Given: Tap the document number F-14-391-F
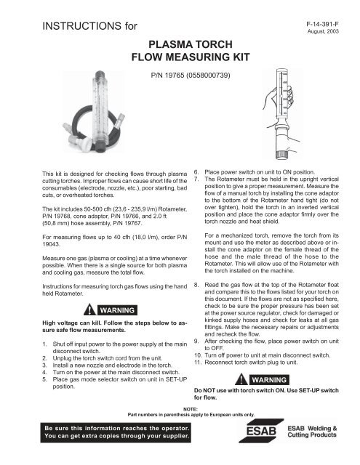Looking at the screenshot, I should click(324, 24).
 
